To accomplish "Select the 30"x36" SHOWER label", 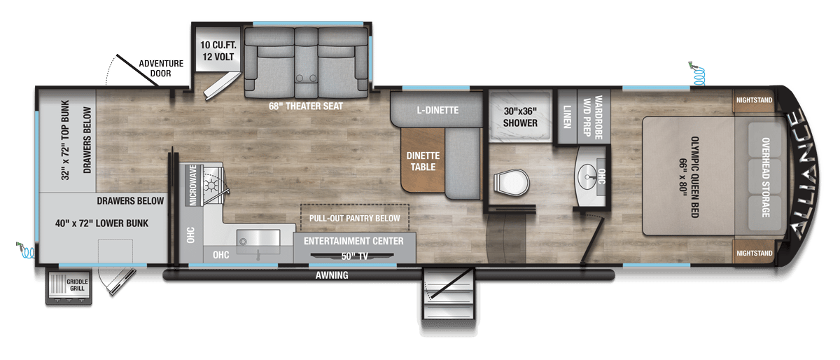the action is (520, 117).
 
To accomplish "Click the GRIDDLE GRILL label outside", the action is (77, 285).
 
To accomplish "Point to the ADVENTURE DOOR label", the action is (161, 69).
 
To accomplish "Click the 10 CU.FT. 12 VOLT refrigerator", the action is (218, 50).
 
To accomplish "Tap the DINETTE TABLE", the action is (423, 160).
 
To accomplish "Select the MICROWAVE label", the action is (193, 185).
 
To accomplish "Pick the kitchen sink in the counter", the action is (258, 238).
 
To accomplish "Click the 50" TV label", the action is (354, 256).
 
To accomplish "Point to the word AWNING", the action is (332, 275).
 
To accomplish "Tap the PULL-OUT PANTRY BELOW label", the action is (354, 218).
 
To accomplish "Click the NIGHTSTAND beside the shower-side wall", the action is (754, 100).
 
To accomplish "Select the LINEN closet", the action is (567, 116).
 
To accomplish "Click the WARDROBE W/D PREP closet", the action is (594, 116).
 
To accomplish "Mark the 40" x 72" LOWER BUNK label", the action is (101, 223).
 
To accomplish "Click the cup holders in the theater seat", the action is (306, 78).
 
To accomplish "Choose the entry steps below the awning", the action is (449, 294).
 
